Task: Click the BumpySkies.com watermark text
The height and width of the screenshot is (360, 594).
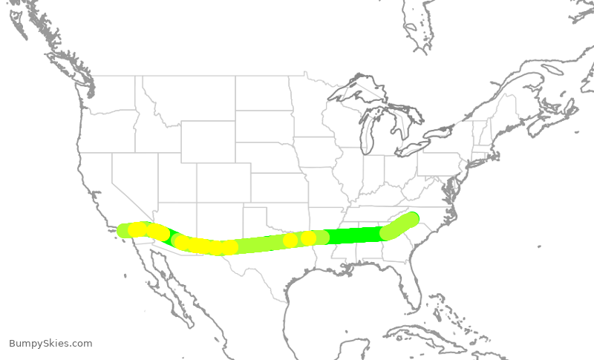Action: (50, 344)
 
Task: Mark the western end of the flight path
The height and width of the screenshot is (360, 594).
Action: (125, 231)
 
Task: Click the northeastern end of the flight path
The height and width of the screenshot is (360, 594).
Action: (412, 218)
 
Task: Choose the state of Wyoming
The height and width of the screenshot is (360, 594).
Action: (208, 141)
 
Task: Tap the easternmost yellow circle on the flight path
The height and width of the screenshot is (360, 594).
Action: (308, 238)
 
